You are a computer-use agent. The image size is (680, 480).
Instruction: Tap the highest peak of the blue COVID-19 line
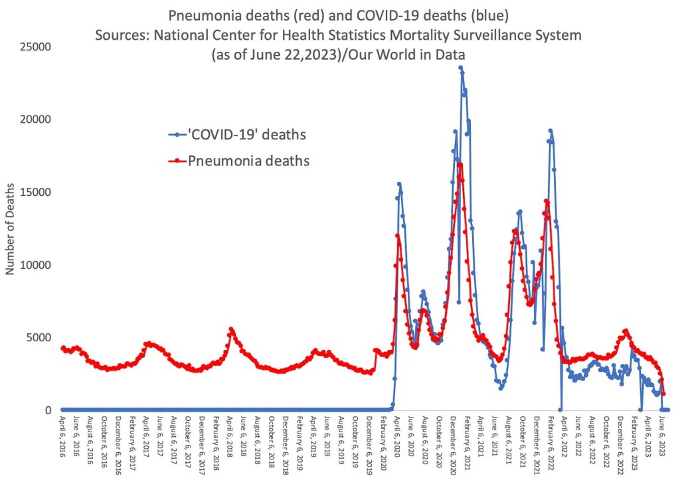(461, 67)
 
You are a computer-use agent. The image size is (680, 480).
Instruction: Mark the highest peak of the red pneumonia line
(460, 164)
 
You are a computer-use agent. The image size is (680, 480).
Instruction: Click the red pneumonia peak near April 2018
(231, 329)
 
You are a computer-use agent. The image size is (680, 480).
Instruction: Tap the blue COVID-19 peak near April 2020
(399, 184)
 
